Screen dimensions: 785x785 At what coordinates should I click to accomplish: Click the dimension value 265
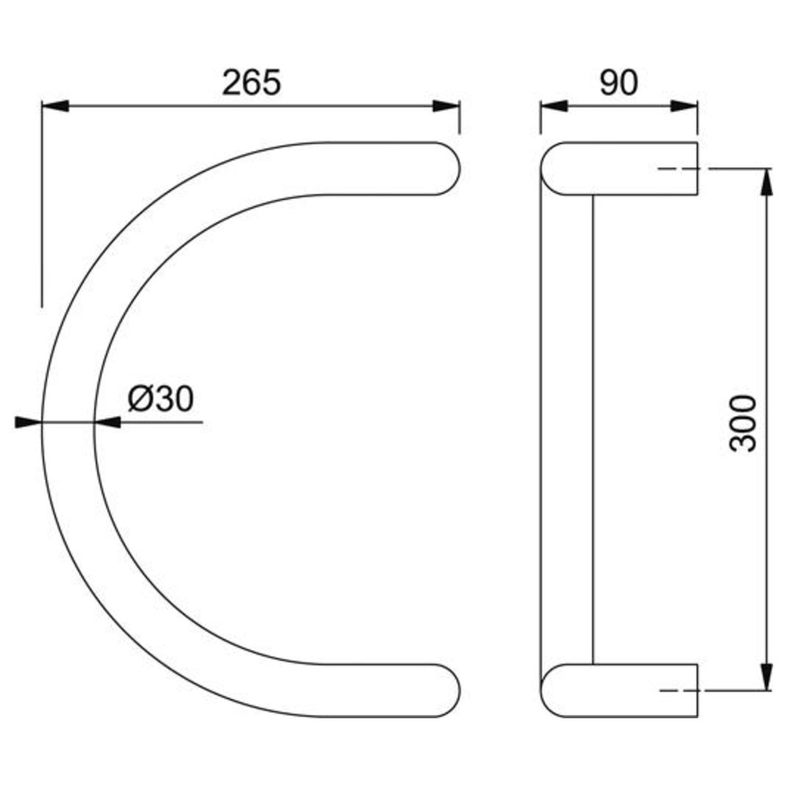[x=251, y=83]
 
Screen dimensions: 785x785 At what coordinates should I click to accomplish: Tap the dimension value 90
[x=619, y=83]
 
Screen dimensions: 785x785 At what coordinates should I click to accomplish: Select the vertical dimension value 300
[x=743, y=424]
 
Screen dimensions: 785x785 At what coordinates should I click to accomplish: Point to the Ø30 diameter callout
[x=160, y=399]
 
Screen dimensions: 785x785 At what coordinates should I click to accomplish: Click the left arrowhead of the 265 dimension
[x=55, y=106]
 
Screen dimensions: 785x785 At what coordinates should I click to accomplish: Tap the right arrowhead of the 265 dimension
[x=446, y=106]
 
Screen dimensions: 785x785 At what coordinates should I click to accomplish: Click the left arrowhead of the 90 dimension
[x=553, y=106]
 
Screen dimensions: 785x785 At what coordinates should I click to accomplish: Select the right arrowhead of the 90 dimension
[x=684, y=106]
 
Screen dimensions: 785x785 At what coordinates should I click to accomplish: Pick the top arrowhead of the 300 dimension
[x=766, y=182]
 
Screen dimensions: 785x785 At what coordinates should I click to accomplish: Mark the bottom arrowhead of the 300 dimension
[x=766, y=677]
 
